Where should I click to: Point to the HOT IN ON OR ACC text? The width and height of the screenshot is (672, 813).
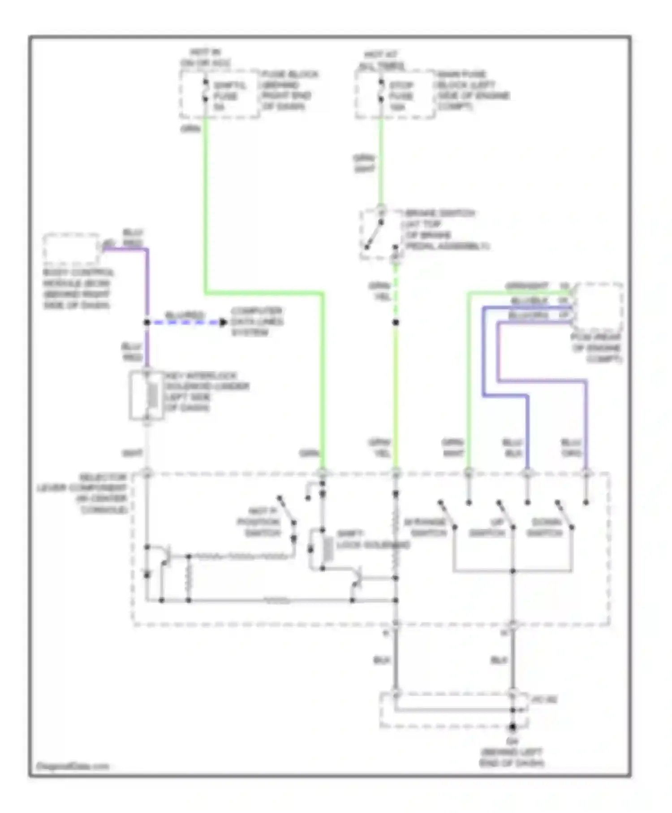(206, 58)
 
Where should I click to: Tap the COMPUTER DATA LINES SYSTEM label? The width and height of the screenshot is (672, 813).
(256, 322)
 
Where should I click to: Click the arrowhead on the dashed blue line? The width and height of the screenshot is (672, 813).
(223, 322)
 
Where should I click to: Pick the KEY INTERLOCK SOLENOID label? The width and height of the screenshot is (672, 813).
(207, 391)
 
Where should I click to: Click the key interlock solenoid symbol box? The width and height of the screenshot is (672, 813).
(146, 396)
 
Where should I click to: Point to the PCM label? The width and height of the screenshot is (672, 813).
(596, 348)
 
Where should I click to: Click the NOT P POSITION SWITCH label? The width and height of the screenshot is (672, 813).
(258, 522)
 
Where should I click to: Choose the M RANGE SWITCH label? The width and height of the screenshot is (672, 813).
(426, 528)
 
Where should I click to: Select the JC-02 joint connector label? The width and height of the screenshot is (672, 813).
(544, 700)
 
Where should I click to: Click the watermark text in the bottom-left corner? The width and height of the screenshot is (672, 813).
(73, 766)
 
